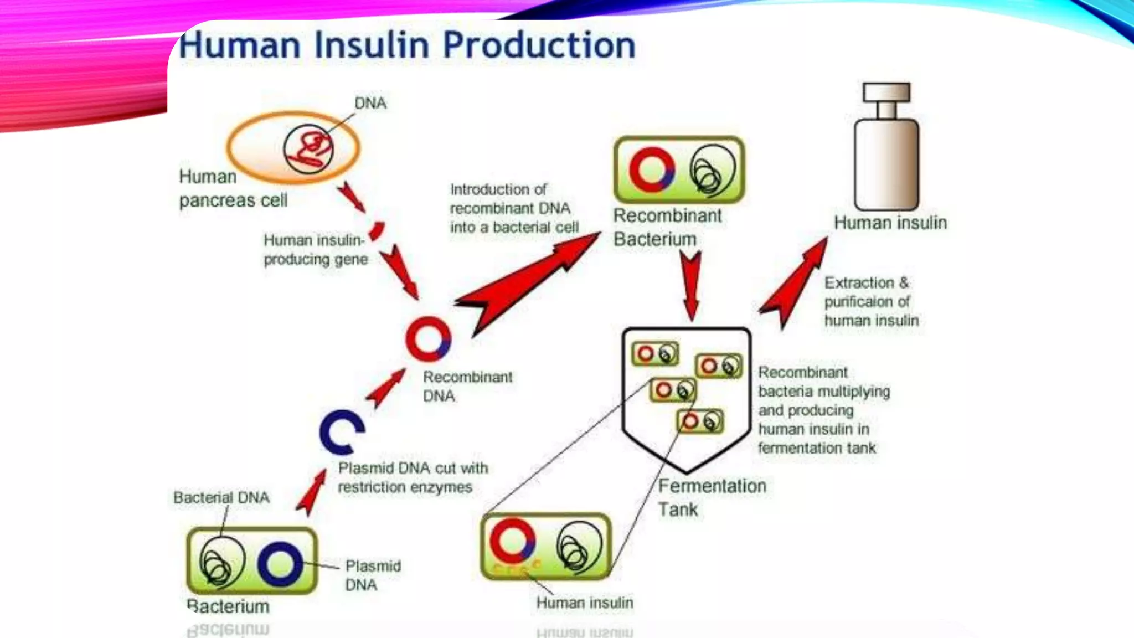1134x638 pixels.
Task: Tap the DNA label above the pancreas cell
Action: (370, 103)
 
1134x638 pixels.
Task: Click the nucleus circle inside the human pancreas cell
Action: (309, 149)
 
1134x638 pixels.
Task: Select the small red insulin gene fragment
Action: (377, 230)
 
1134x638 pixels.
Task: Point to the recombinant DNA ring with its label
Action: (428, 338)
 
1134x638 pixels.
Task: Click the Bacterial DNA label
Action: (221, 497)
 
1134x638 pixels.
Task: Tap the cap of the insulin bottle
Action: (886, 92)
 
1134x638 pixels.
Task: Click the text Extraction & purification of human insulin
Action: (870, 302)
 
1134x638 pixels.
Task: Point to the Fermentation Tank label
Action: (711, 497)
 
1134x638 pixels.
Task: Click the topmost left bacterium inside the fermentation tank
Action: (656, 354)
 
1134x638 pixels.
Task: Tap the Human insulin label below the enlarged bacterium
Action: (584, 603)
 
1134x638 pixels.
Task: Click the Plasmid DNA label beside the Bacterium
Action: (372, 575)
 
